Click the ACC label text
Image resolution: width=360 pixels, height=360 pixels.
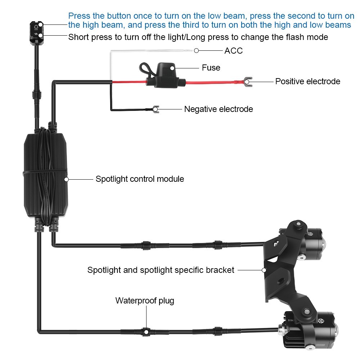click(x=234, y=51)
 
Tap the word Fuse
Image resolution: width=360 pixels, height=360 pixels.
click(x=211, y=68)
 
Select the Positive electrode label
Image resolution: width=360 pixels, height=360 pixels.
click(x=307, y=81)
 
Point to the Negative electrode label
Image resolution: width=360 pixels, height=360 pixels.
click(x=219, y=109)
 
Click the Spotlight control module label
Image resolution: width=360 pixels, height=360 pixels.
click(x=140, y=179)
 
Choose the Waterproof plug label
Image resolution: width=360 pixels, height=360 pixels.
click(x=145, y=301)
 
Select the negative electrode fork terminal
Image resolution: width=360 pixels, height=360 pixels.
click(x=156, y=109)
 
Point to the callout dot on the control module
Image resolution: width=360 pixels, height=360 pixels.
click(x=66, y=179)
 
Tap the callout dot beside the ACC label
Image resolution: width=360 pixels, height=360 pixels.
click(x=196, y=51)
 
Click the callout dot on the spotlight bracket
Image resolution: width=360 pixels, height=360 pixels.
click(x=264, y=270)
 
